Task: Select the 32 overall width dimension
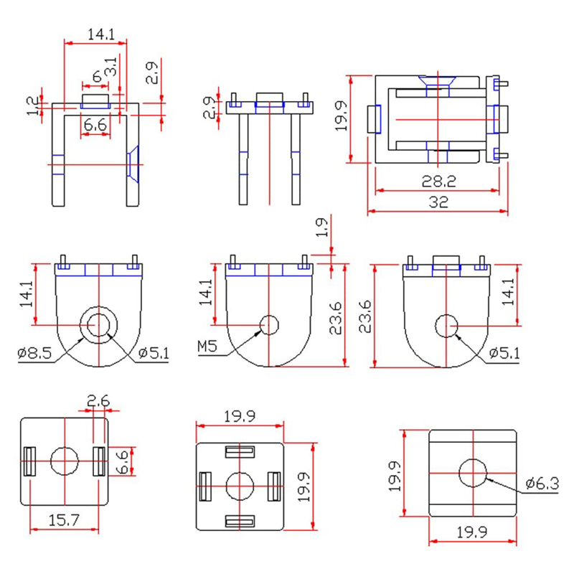coord(439,202)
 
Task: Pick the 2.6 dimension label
coord(98,401)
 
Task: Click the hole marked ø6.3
coord(473,473)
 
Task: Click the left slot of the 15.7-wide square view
coord(30,461)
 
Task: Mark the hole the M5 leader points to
coord(269,325)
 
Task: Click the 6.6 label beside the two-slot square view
coord(123,461)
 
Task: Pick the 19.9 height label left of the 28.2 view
coord(341,116)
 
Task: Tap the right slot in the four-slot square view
coord(273,486)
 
